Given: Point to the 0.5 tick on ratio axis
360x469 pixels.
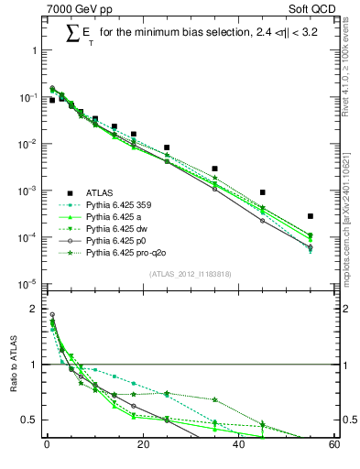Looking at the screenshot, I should coord(30,420).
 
